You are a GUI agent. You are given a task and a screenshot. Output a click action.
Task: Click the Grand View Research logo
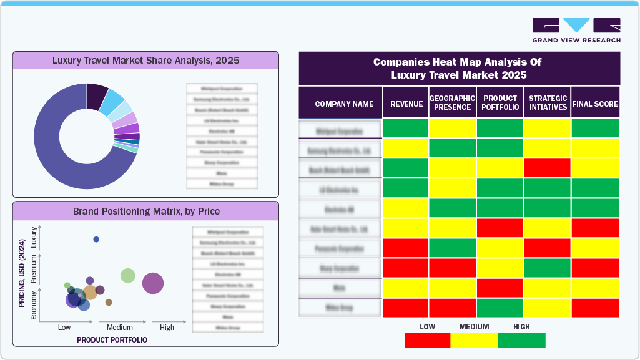pyautogui.click(x=576, y=30)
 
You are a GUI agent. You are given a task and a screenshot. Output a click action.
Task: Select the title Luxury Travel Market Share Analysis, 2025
pyautogui.click(x=145, y=61)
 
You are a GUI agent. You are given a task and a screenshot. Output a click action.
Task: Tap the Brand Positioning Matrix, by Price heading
pyautogui.click(x=146, y=211)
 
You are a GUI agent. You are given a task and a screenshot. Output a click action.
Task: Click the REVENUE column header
pyautogui.click(x=406, y=104)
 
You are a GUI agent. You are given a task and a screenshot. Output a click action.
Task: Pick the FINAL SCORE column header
pyautogui.click(x=595, y=104)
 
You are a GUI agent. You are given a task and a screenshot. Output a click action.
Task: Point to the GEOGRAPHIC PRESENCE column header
pyautogui.click(x=452, y=103)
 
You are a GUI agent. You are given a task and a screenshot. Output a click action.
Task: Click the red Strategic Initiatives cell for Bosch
pyautogui.click(x=547, y=168)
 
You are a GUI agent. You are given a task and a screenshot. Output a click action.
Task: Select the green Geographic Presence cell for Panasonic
pyautogui.click(x=452, y=248)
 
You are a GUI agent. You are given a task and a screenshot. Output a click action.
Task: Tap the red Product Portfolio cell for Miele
pyautogui.click(x=500, y=288)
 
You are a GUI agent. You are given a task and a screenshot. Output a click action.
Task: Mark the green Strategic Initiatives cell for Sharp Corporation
pyautogui.click(x=547, y=268)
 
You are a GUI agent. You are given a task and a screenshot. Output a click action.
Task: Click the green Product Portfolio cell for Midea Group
pyautogui.click(x=500, y=308)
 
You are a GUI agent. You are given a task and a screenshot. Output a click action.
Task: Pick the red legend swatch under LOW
pyautogui.click(x=427, y=340)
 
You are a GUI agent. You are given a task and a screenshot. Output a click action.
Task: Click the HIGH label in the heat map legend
pyautogui.click(x=521, y=326)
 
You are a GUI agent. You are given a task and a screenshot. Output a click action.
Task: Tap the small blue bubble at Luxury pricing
pyautogui.click(x=96, y=240)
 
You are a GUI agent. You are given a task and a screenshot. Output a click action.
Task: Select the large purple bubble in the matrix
pyautogui.click(x=153, y=283)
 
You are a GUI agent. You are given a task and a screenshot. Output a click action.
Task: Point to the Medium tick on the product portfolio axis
pyautogui.click(x=119, y=328)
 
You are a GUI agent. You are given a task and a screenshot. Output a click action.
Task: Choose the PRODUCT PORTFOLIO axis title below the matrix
pyautogui.click(x=112, y=340)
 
